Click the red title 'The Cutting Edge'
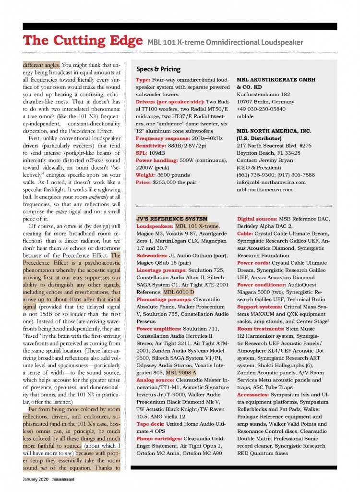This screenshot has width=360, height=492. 82,41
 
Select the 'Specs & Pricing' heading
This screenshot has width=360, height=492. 158,69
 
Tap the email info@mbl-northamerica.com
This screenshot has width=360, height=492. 271,182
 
